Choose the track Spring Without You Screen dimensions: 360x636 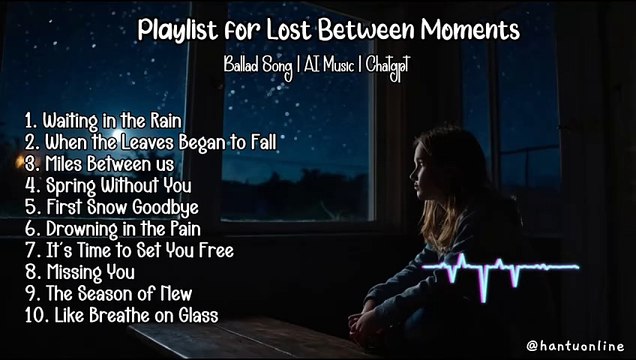119,185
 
